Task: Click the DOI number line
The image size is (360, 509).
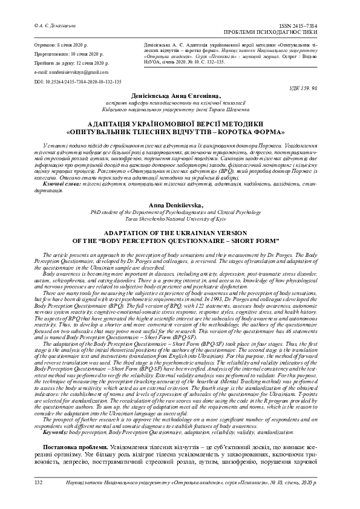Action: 70,80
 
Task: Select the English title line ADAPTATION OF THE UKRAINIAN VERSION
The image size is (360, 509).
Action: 179,232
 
